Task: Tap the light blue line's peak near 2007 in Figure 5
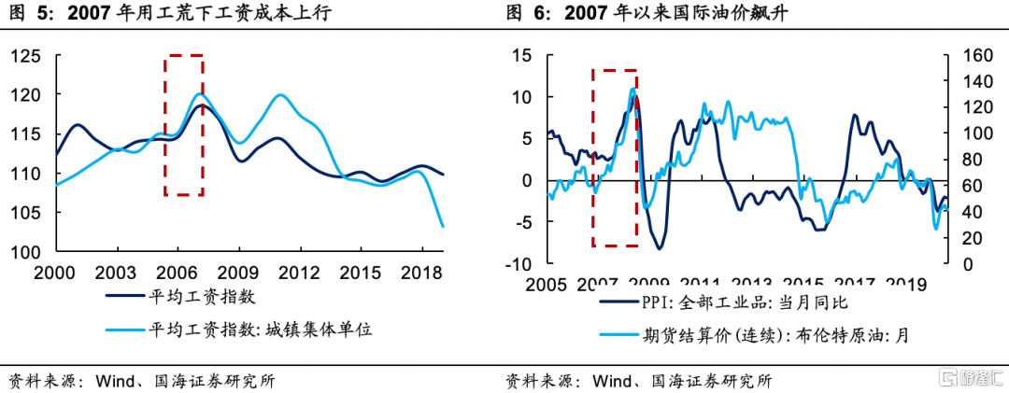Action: click(199, 93)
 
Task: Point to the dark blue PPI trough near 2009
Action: click(660, 248)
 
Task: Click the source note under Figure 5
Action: click(140, 380)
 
